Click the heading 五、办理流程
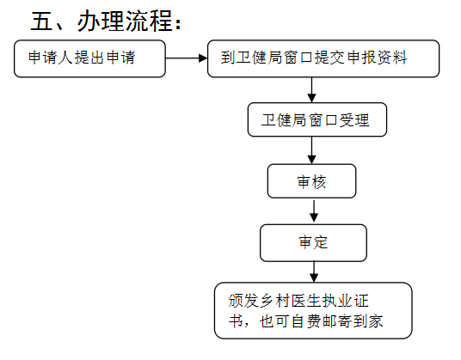(x=106, y=21)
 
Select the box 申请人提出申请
(x=89, y=58)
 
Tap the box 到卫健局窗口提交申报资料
(x=323, y=58)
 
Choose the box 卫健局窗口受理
(x=317, y=119)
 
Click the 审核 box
(x=311, y=181)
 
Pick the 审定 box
(x=313, y=243)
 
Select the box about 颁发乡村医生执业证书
(x=313, y=311)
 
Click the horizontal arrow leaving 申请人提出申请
(x=187, y=58)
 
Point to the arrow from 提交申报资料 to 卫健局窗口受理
(x=311, y=90)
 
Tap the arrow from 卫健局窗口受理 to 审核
(x=311, y=150)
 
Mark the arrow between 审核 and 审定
(x=314, y=211)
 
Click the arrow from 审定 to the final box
(x=314, y=272)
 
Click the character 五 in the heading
(x=41, y=21)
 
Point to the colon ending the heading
(x=178, y=24)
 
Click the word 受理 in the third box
(x=354, y=120)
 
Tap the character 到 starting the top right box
(x=228, y=58)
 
